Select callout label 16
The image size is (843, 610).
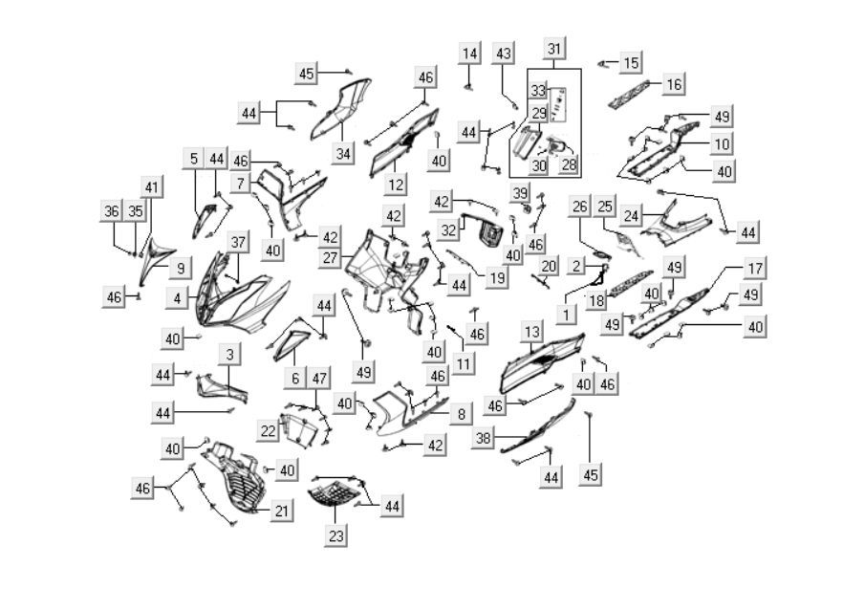pyautogui.click(x=674, y=85)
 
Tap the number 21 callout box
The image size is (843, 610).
pyautogui.click(x=280, y=512)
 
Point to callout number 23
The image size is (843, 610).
pyautogui.click(x=335, y=536)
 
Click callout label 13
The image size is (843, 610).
pyautogui.click(x=532, y=331)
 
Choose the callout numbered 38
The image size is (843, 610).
pyautogui.click(x=485, y=438)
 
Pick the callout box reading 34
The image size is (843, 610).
pyautogui.click(x=343, y=153)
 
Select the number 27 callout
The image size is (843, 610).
pyautogui.click(x=330, y=258)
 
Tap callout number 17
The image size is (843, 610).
pyautogui.click(x=755, y=269)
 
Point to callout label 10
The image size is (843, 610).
pyautogui.click(x=722, y=144)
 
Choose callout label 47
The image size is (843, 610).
pyautogui.click(x=319, y=379)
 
